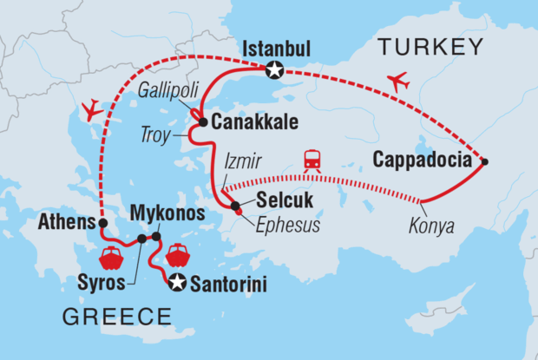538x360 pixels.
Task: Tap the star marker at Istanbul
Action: click(275, 71)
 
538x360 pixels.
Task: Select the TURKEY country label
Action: click(431, 49)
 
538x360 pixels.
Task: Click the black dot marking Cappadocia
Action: click(484, 161)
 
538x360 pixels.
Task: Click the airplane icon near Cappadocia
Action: click(398, 82)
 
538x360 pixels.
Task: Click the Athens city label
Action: click(67, 222)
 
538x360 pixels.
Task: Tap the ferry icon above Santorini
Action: click(177, 255)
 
